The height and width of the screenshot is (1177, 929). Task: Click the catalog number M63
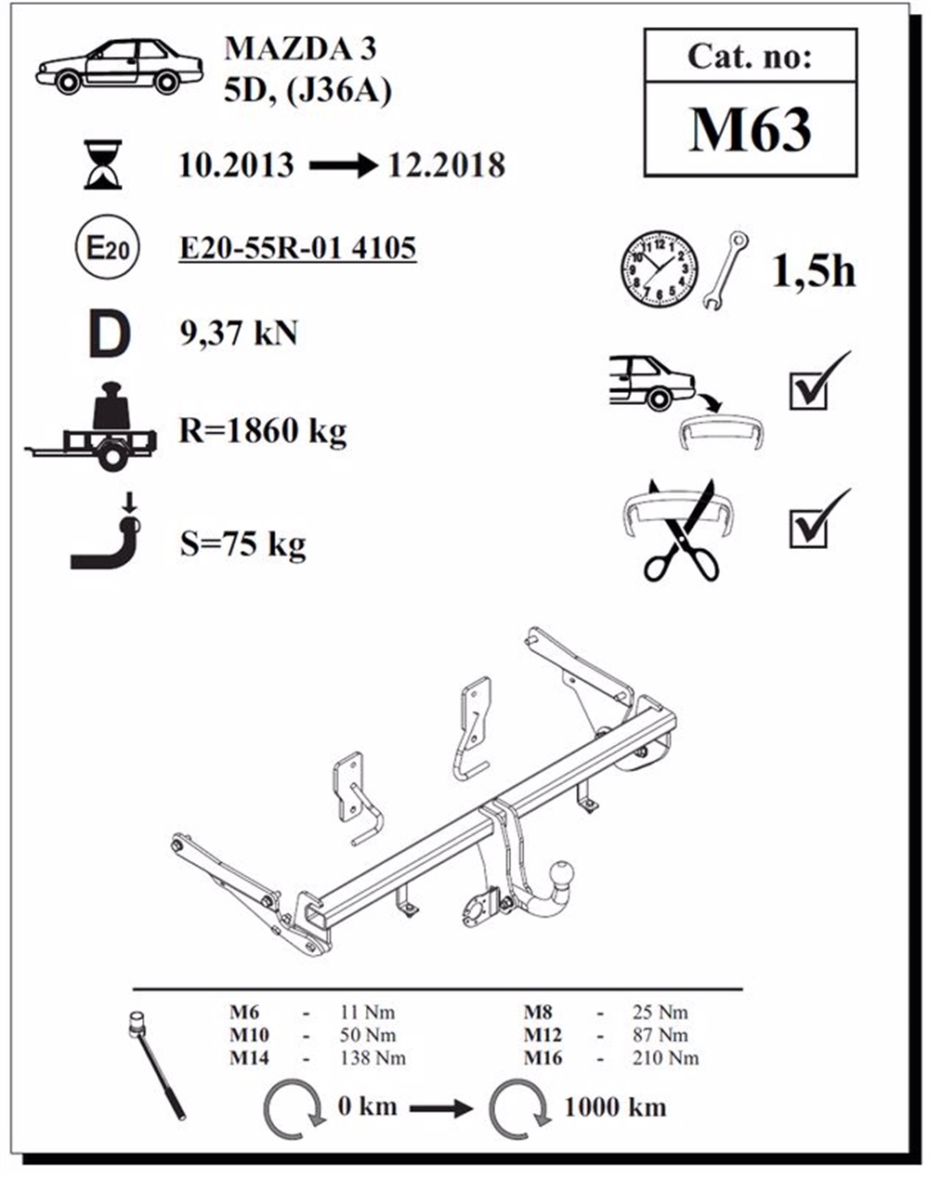tap(750, 129)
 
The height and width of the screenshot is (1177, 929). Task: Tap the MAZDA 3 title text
tap(300, 48)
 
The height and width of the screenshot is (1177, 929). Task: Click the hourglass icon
tap(102, 164)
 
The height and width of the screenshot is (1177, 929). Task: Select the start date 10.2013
tap(236, 165)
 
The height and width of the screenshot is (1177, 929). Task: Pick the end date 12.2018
tap(447, 165)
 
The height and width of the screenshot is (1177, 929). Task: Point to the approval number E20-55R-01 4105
tap(297, 248)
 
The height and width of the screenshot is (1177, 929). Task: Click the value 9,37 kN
tap(239, 333)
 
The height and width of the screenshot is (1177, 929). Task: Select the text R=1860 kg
tap(262, 431)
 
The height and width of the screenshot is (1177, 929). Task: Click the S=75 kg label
tap(242, 543)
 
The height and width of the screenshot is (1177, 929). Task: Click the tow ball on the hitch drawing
tap(566, 873)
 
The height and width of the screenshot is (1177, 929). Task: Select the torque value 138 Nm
tap(367, 1057)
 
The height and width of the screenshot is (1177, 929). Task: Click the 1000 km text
tap(614, 1106)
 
